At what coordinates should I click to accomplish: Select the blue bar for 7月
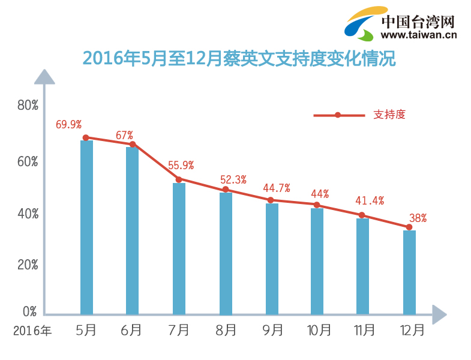click(179, 248)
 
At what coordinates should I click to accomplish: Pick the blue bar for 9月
click(272, 259)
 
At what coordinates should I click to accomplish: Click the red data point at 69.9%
click(86, 137)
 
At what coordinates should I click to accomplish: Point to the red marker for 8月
click(226, 190)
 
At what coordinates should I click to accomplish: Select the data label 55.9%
click(181, 166)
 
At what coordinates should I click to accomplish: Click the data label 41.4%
click(370, 200)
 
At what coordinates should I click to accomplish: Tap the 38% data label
click(417, 218)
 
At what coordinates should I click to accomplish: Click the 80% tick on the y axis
click(28, 105)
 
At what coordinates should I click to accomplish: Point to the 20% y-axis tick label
click(28, 265)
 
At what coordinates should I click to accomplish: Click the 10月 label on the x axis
click(319, 330)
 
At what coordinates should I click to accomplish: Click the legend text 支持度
click(389, 115)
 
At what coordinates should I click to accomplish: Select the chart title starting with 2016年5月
click(239, 58)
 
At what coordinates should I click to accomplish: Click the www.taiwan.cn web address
click(418, 35)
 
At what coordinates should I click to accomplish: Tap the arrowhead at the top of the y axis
click(44, 77)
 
